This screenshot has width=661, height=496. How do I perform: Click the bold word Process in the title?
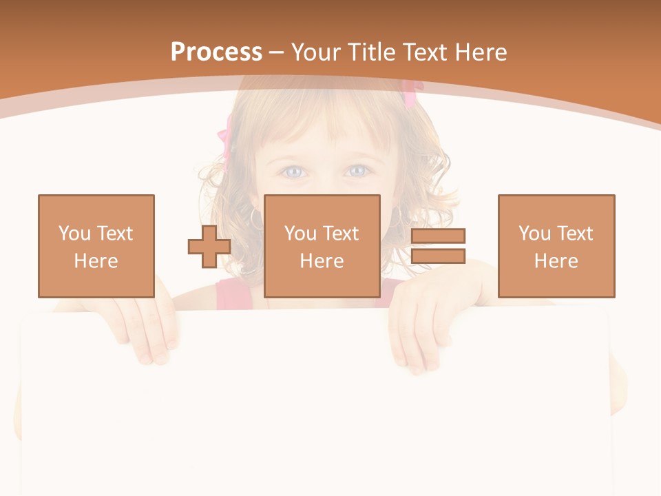(x=216, y=52)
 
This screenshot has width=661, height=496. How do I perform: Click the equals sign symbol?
(x=438, y=246)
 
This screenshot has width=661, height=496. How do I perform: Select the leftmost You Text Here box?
(x=96, y=246)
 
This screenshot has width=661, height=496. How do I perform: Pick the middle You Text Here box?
(x=322, y=246)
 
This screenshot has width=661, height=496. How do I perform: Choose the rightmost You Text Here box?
(x=556, y=246)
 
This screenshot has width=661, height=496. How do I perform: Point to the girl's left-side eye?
(x=293, y=171)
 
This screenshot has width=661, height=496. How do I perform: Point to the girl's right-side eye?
(x=356, y=170)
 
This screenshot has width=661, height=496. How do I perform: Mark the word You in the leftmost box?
(x=74, y=233)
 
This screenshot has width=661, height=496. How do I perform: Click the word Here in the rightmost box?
(x=556, y=261)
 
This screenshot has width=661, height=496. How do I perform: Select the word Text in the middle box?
(x=341, y=233)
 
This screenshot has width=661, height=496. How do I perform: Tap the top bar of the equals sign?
(x=438, y=236)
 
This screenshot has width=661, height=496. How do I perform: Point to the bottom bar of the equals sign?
(x=438, y=256)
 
